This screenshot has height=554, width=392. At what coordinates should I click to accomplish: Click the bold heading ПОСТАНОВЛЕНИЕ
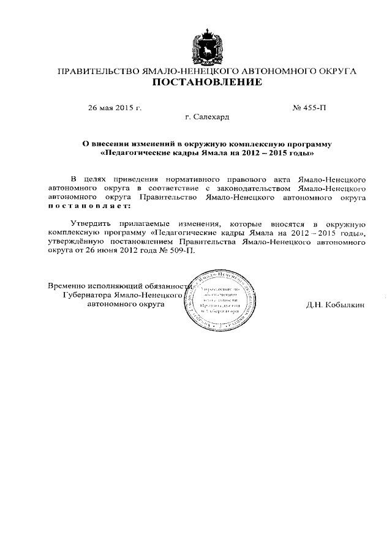click(206, 83)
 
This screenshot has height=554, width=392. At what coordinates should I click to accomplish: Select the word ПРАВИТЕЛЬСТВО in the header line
click(98, 71)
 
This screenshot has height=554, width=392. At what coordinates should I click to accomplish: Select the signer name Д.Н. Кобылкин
click(335, 304)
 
